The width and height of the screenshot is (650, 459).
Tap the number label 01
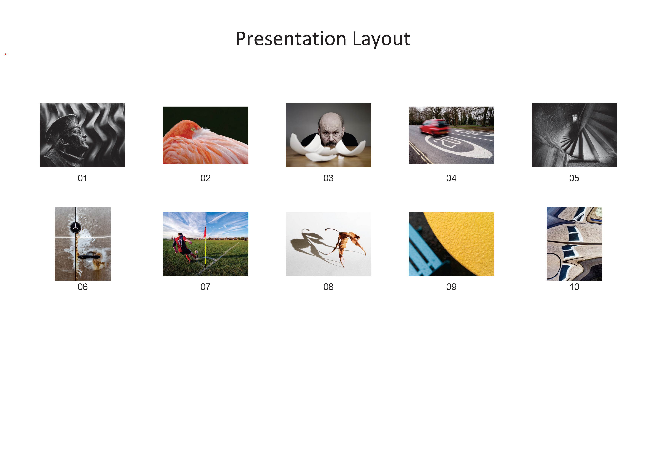coord(82,178)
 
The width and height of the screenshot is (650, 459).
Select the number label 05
coord(574,178)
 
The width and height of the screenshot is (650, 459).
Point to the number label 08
coord(328,287)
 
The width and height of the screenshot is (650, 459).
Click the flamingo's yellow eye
coord(192,129)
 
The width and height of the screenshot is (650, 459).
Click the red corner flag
coord(205,233)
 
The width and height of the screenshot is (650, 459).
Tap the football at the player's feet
coord(196,252)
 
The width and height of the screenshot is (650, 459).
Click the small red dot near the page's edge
coord(5,54)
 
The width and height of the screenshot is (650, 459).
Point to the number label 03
coord(328,178)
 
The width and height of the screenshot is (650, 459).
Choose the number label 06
coord(82,287)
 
